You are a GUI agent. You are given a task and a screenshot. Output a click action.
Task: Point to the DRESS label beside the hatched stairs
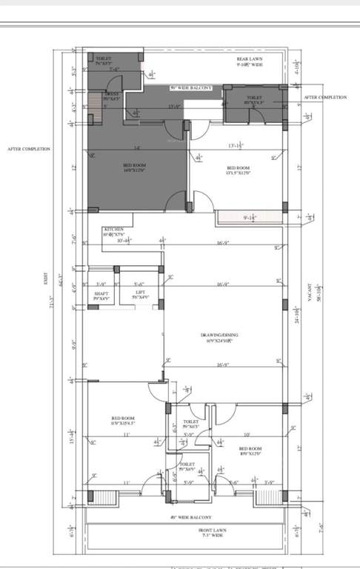(112, 95)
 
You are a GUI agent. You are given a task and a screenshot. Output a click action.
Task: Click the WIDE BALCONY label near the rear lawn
(191, 88)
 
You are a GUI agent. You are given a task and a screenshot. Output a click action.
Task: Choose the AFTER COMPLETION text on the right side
(324, 97)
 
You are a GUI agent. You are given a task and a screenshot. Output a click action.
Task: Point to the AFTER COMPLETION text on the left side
(29, 149)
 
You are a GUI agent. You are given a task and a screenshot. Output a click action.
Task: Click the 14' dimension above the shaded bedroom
(137, 148)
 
